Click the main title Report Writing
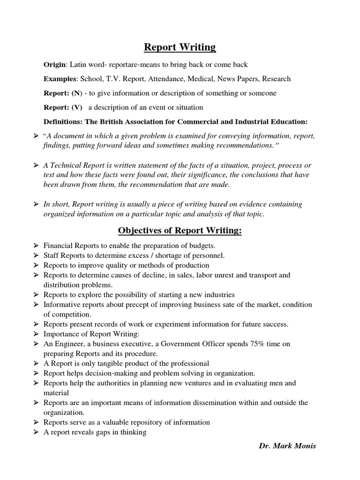point(180,47)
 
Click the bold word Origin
point(54,64)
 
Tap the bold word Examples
point(60,79)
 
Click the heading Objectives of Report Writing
point(180,231)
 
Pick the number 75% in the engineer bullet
point(258,344)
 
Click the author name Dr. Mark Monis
point(287,445)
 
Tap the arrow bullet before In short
point(36,204)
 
